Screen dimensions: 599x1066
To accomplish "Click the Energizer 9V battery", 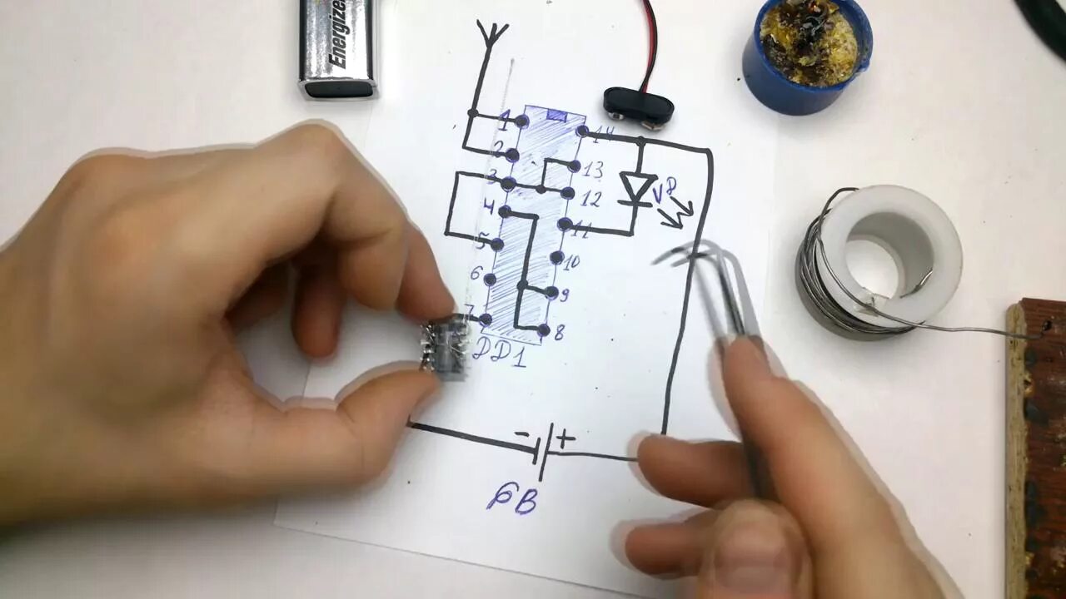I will (x=338, y=48).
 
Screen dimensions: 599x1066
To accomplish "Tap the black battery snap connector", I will (x=638, y=105).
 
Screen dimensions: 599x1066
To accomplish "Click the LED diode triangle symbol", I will (x=639, y=188).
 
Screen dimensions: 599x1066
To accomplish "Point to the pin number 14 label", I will (x=605, y=134).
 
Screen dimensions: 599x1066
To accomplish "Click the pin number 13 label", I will (x=592, y=171).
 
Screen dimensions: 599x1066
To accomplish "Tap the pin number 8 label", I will (x=559, y=334).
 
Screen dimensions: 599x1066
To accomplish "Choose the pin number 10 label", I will (x=571, y=263).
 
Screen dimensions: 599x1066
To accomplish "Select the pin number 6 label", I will (x=476, y=273).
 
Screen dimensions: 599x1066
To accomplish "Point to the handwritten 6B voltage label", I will (x=511, y=500).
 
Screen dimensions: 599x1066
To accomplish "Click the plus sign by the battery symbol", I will (x=565, y=438).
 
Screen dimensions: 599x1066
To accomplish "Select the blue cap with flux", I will (x=805, y=55).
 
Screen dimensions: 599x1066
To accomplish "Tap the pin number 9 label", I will (x=563, y=295).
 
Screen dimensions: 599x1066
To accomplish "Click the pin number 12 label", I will (x=590, y=200).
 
